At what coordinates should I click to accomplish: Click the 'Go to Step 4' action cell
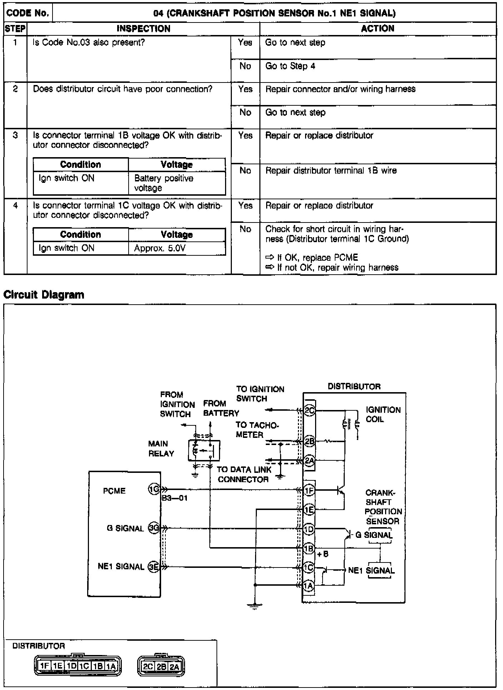[290, 66]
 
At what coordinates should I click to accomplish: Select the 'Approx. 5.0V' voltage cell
[160, 248]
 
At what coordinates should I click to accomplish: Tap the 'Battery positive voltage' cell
[164, 183]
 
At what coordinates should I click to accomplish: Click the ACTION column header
[378, 29]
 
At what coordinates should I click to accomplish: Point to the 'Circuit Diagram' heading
[44, 295]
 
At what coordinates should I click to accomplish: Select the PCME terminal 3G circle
[154, 528]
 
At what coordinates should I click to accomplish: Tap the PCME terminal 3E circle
[154, 566]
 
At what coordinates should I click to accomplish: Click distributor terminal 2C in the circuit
[309, 411]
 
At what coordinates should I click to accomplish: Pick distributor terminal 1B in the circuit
[309, 548]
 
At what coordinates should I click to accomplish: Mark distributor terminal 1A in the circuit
[309, 585]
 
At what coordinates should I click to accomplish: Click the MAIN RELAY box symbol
[204, 451]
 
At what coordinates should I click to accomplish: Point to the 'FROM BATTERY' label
[221, 408]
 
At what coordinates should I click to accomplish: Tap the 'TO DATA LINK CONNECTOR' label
[244, 474]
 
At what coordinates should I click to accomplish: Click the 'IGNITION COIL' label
[383, 414]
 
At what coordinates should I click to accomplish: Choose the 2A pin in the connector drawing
[174, 667]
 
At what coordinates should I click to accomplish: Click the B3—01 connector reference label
[175, 498]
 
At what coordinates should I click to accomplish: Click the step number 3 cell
[15, 136]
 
